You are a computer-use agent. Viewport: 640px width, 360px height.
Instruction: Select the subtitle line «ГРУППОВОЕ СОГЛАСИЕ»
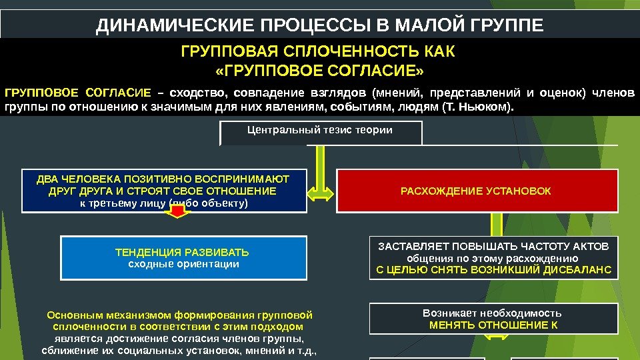pos(319,71)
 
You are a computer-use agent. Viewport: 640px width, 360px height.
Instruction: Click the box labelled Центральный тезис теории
pos(320,130)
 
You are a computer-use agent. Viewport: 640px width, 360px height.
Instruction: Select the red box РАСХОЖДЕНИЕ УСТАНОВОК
pos(476,191)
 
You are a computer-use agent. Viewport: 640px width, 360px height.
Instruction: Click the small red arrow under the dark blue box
pos(177,212)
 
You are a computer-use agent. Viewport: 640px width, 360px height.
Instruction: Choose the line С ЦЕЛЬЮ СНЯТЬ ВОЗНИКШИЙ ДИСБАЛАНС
pos(493,270)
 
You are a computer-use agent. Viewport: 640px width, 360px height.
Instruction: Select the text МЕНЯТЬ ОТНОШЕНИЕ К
pos(493,325)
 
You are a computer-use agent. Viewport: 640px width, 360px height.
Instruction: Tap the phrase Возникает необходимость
pos(493,313)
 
